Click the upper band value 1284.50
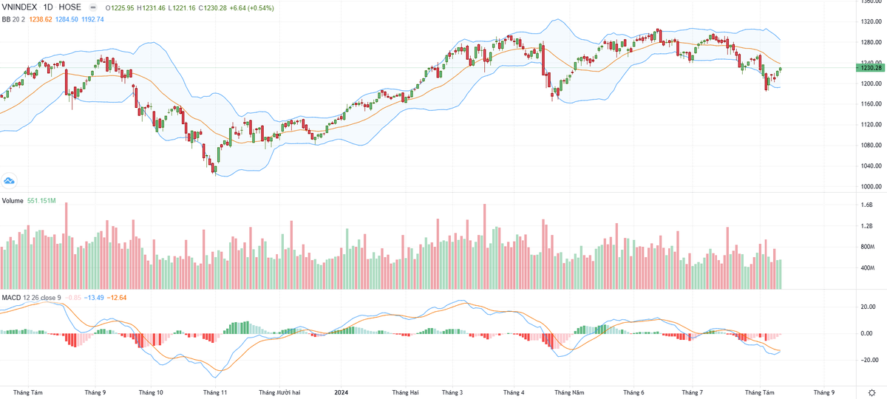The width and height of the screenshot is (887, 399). tap(66, 18)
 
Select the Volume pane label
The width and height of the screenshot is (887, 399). tap(13, 201)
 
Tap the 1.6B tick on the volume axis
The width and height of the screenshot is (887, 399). tap(867, 205)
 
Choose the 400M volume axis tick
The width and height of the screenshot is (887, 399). tap(868, 267)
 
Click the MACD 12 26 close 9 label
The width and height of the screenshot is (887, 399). tap(31, 297)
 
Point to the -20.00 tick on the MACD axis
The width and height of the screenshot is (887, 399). tap(868, 360)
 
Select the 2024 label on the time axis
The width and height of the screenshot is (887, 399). tap(341, 392)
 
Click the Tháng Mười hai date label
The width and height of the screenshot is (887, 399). tap(280, 392)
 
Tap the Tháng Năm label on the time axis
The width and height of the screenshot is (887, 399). tap(569, 392)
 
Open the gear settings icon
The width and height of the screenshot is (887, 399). tap(872, 392)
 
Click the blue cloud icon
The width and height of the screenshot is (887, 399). tap(10, 180)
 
